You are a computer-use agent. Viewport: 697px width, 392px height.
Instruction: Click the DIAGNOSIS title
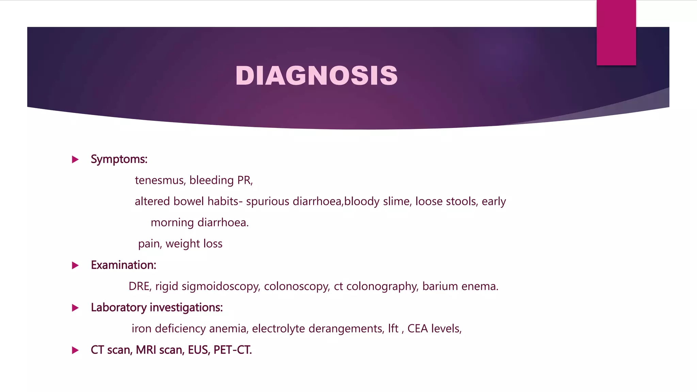(x=317, y=75)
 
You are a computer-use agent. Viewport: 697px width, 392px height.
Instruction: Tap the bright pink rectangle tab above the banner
(x=616, y=32)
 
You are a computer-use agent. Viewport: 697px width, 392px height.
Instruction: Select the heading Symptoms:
(x=119, y=159)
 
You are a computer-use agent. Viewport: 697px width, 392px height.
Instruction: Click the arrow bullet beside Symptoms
(x=75, y=159)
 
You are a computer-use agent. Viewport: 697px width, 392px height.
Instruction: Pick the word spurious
(x=268, y=201)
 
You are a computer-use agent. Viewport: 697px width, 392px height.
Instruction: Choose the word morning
(x=172, y=223)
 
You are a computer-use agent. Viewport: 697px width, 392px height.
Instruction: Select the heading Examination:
(x=124, y=265)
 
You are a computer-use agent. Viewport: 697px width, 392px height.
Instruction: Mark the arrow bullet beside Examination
(x=75, y=265)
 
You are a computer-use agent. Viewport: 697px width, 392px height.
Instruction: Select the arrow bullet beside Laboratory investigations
(x=75, y=308)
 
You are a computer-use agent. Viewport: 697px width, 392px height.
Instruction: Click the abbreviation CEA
(x=418, y=329)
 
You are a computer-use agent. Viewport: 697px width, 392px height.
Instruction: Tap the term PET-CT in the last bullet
(x=232, y=350)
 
